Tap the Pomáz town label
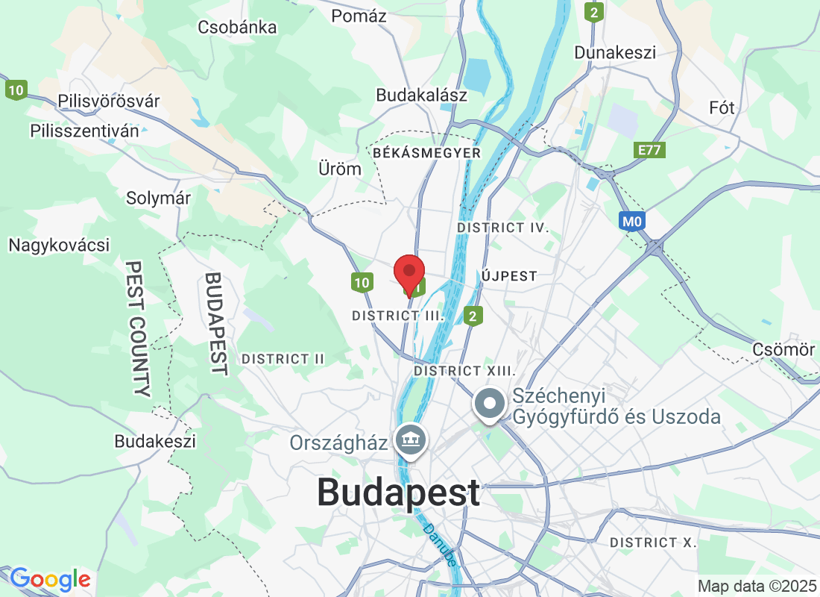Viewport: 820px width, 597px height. (x=359, y=16)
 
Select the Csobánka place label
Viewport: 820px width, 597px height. (x=237, y=28)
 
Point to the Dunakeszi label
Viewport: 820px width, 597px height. (x=615, y=52)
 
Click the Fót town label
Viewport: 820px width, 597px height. (x=722, y=107)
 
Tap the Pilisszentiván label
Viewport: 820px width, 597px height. (x=84, y=131)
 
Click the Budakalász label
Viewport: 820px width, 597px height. (x=421, y=95)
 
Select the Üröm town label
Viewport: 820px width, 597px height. (x=339, y=169)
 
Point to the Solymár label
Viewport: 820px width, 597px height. (x=158, y=199)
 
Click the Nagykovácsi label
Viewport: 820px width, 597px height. (x=59, y=245)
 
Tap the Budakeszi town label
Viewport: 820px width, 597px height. (x=155, y=441)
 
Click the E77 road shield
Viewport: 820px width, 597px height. (x=651, y=150)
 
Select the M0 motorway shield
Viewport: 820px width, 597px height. (x=631, y=221)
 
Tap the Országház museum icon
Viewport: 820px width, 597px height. (x=410, y=441)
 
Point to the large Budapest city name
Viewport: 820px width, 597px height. (x=399, y=493)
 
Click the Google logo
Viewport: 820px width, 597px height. (x=50, y=579)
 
